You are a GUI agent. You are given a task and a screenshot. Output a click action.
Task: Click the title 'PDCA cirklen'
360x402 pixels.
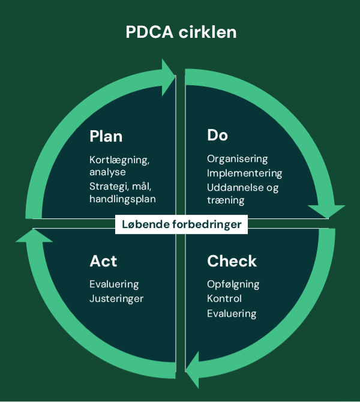[181, 32]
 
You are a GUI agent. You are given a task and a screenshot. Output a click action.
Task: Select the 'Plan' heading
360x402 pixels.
[106, 136]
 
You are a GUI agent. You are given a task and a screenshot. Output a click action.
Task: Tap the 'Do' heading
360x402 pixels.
[217, 136]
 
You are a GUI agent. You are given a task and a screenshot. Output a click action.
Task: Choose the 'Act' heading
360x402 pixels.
[103, 261]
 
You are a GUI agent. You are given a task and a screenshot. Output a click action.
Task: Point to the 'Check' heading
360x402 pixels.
[232, 261]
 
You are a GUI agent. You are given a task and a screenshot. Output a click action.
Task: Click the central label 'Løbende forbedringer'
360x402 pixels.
[181, 225]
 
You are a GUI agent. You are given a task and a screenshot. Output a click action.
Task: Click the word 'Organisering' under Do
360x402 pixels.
[237, 159]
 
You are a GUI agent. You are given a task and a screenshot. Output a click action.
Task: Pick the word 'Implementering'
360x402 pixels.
[244, 173]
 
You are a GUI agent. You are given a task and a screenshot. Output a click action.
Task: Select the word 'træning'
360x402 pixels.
[226, 200]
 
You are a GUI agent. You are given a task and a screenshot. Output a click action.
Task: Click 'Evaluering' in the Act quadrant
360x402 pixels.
[113, 284]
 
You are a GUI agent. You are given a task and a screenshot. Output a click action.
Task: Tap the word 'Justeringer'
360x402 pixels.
[116, 298]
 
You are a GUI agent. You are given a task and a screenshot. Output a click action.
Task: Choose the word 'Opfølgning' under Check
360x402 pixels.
[233, 284]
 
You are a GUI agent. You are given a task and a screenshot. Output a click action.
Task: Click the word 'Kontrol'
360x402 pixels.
[224, 298]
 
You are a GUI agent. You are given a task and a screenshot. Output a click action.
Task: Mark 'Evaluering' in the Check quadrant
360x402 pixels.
[232, 313]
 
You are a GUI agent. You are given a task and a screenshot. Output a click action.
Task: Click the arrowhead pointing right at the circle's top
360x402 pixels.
[167, 76]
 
